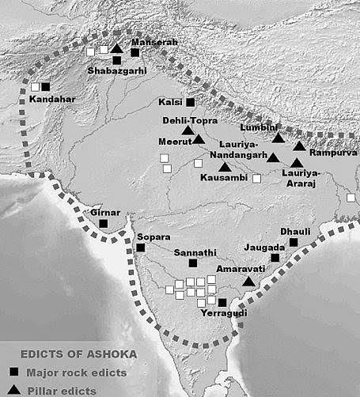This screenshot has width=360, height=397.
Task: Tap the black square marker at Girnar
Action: pos(104,224)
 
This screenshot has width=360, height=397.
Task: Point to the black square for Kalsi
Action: pos(190,102)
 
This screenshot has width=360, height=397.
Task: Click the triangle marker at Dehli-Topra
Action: pos(188,130)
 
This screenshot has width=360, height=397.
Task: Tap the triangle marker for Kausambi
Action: pos(225,168)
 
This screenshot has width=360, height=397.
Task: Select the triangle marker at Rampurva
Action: pos(299,146)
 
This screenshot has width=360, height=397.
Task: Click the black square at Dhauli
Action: pos(294,242)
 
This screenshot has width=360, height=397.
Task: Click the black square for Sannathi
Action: pos(193,262)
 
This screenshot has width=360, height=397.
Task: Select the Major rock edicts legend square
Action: pos(13,372)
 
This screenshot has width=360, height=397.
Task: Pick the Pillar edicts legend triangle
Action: pos(13,390)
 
